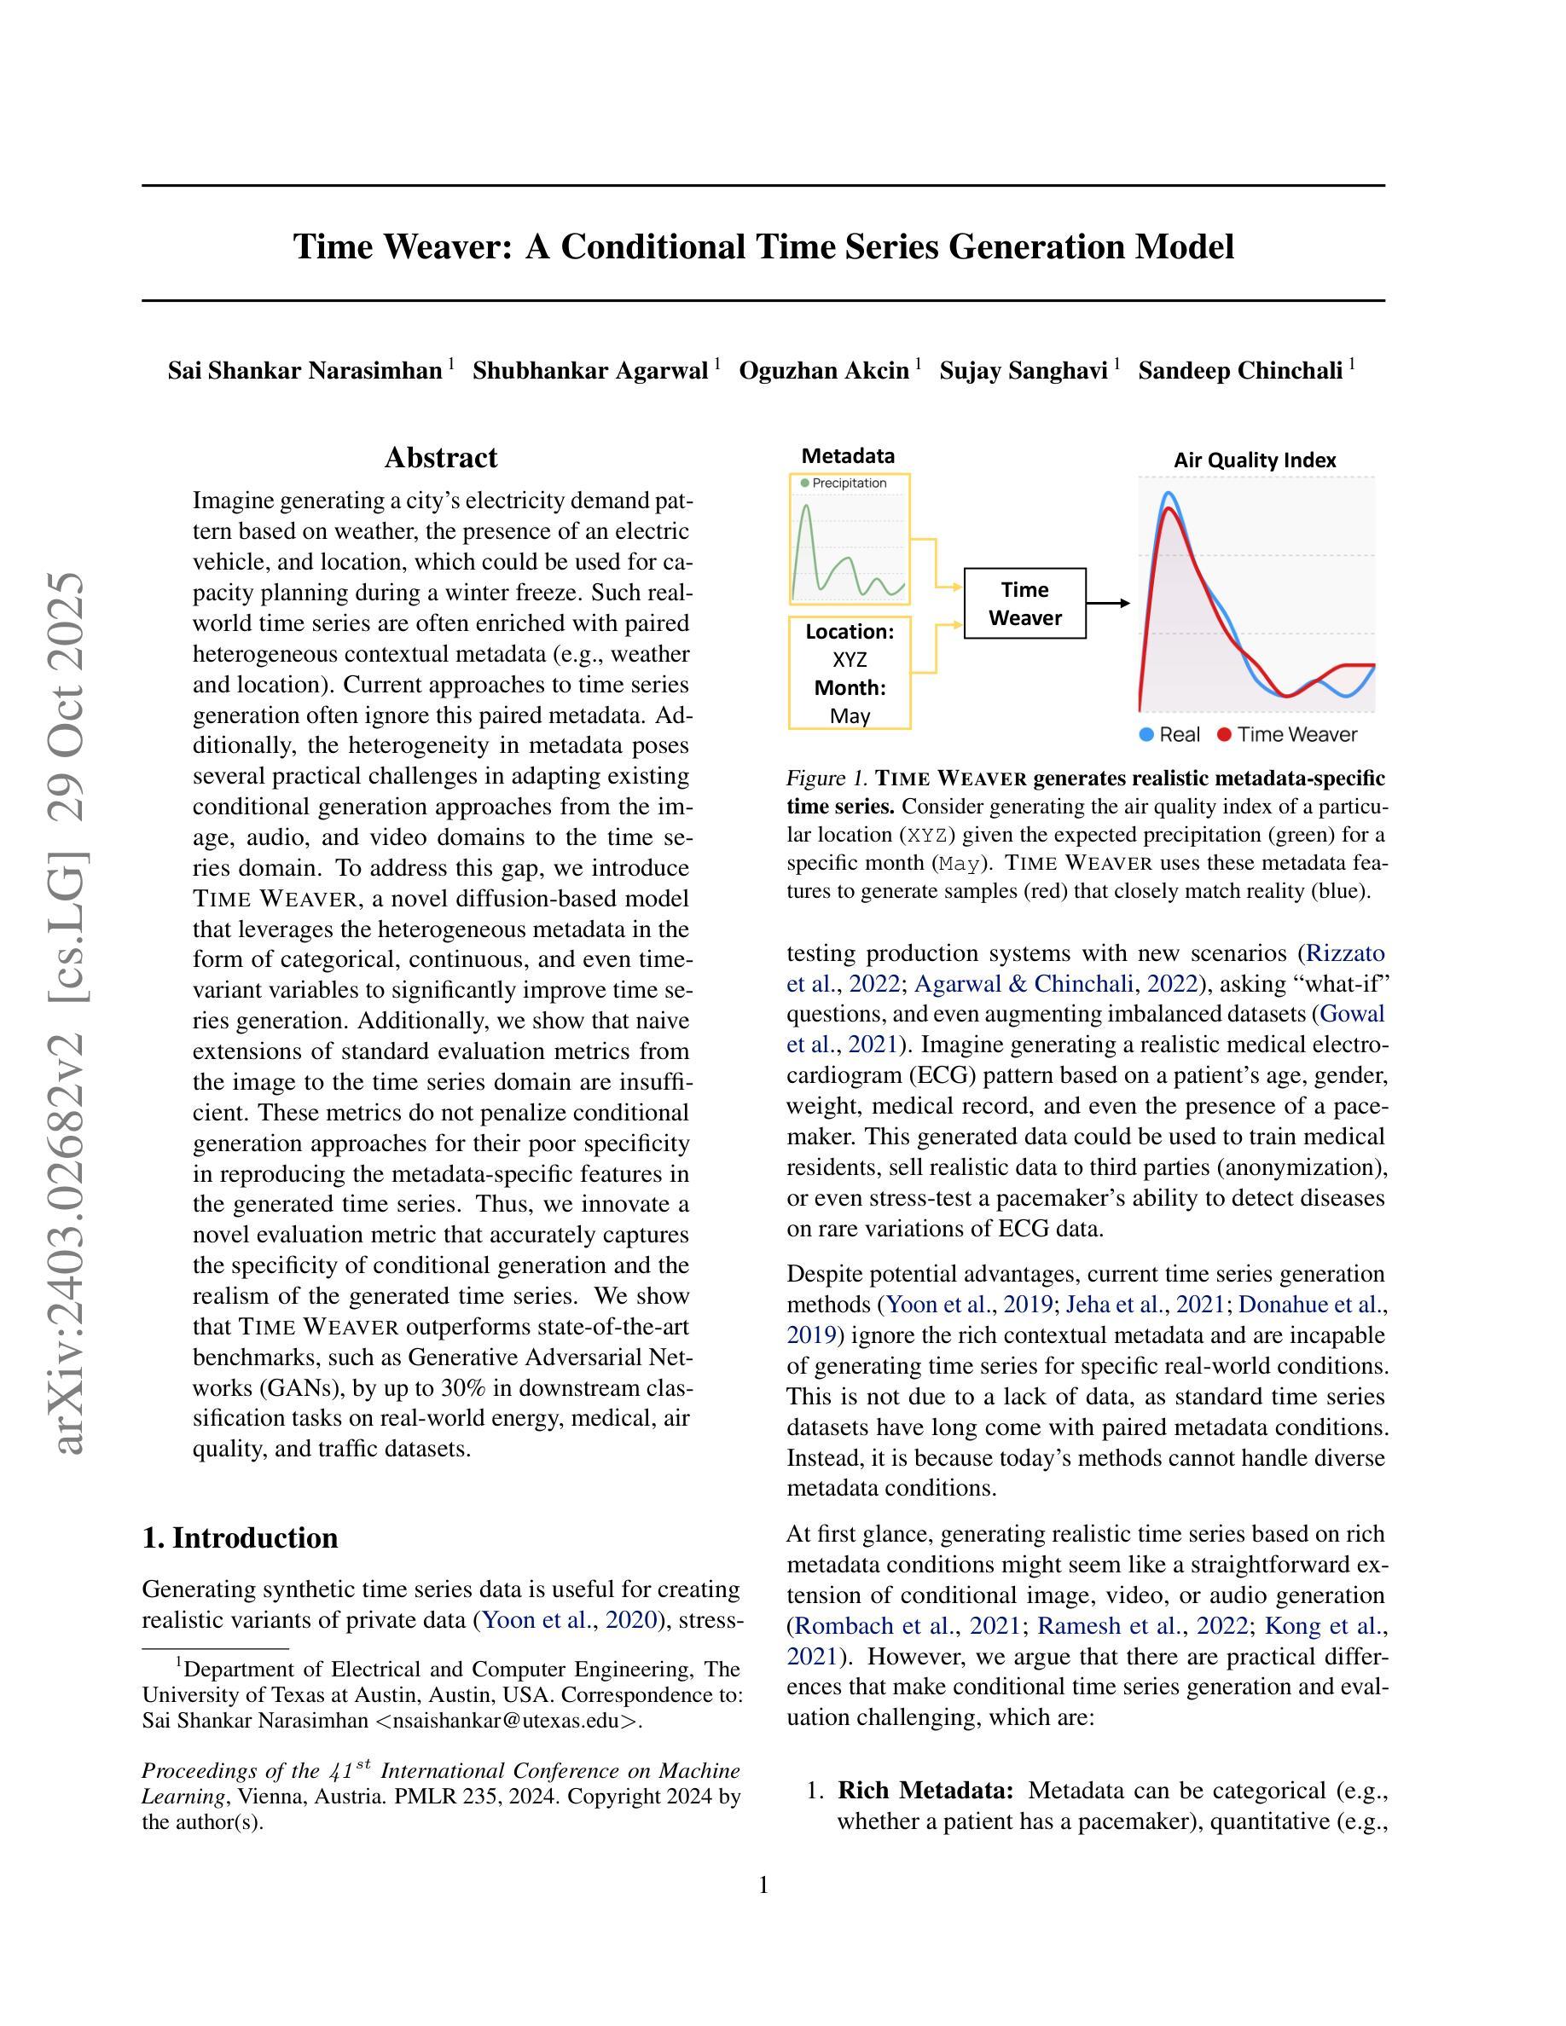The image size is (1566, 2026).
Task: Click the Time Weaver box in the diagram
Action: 1024,603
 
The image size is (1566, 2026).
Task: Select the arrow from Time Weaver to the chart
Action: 1108,603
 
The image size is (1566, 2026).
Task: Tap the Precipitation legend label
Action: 849,483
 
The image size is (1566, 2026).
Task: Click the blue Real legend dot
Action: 1146,735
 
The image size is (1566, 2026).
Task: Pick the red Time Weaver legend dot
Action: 1225,735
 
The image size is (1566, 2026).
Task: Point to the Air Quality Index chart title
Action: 1255,460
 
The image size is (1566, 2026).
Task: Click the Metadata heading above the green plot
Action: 848,455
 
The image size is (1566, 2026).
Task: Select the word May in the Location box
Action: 850,716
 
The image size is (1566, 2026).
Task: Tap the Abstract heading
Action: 441,457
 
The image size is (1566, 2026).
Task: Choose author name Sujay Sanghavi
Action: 1024,371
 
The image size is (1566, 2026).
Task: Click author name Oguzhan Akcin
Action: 824,371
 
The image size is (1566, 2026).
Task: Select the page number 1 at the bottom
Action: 763,1885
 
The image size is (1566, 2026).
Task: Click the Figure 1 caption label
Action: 826,778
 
